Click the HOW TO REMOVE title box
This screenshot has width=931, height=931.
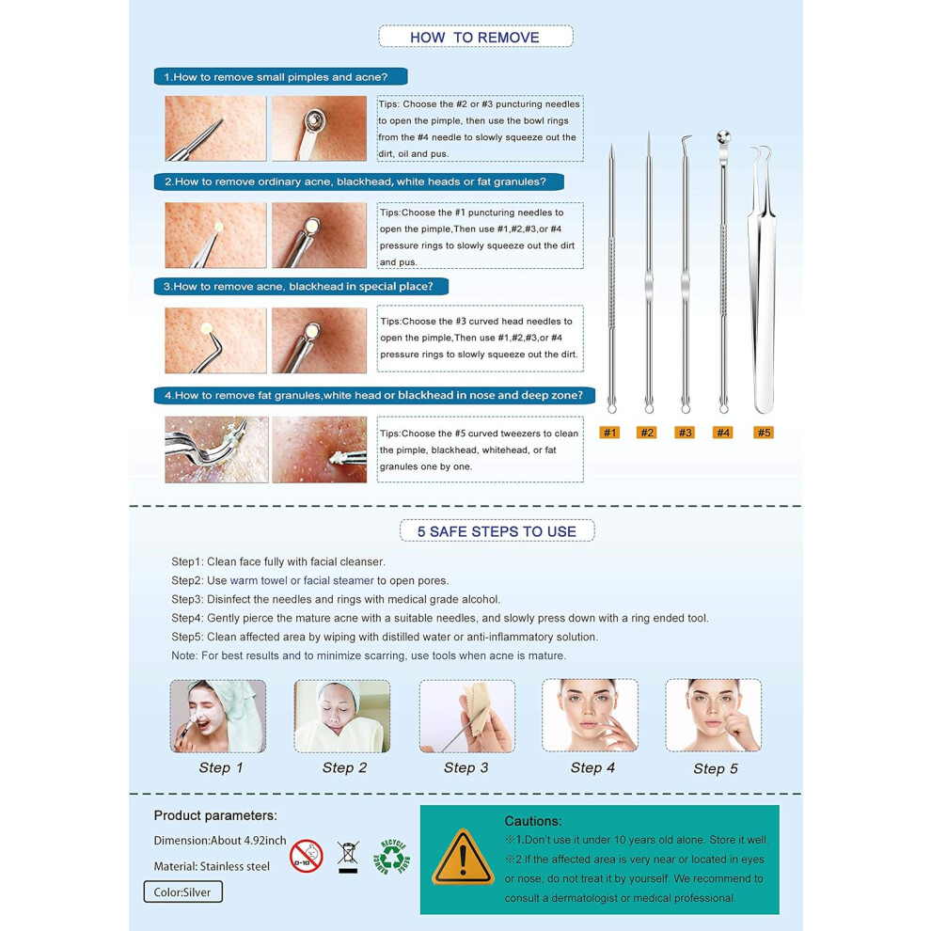[476, 37]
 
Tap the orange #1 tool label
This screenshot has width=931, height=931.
[609, 433]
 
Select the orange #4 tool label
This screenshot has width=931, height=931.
[722, 433]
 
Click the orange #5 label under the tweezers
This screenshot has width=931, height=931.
[764, 433]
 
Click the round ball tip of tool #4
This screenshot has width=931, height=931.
[722, 137]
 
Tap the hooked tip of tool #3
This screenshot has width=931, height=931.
[686, 140]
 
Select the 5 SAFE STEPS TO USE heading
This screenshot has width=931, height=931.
[497, 530]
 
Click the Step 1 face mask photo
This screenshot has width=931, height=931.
[218, 716]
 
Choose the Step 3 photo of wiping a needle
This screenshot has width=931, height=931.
[466, 716]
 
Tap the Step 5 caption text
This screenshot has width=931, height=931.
[716, 769]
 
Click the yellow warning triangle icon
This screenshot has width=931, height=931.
[463, 858]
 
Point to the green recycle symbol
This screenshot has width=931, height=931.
[392, 857]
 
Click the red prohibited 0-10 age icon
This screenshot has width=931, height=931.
[307, 856]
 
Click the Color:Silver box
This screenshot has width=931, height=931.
[182, 892]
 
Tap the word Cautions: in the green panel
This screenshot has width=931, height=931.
[532, 821]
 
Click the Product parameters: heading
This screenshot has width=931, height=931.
[215, 815]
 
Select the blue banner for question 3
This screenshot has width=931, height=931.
[301, 286]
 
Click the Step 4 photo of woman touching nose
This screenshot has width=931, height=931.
[591, 716]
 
